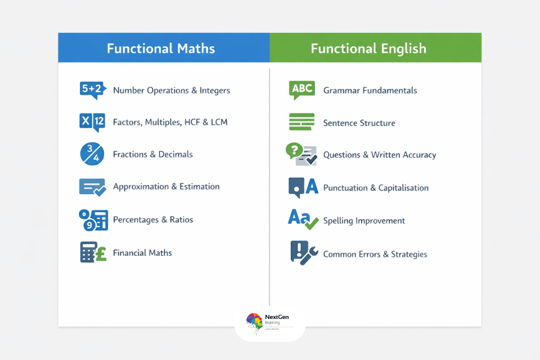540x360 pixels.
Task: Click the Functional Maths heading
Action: (161, 48)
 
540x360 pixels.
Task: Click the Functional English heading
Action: (368, 48)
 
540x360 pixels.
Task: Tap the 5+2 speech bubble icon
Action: (92, 89)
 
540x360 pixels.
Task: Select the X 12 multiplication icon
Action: (92, 121)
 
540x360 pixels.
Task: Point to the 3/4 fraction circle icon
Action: (92, 154)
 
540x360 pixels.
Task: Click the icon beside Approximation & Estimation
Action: (92, 187)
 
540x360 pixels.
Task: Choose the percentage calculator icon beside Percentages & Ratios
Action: (93, 219)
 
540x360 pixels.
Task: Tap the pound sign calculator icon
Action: (93, 253)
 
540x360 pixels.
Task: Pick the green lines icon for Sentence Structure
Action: (302, 122)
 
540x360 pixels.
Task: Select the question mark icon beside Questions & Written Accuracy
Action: (301, 155)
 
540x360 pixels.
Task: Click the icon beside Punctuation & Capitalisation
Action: (303, 187)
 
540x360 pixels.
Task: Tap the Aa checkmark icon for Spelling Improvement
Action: (303, 220)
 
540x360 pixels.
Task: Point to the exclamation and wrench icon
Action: (303, 253)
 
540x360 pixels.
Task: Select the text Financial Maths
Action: (142, 253)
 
